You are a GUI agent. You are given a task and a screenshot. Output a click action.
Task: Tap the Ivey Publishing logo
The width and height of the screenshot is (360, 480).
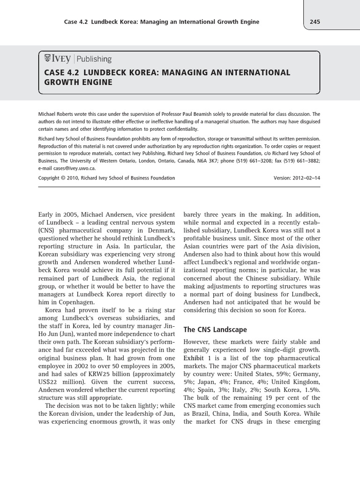pyautogui.click(x=78, y=59)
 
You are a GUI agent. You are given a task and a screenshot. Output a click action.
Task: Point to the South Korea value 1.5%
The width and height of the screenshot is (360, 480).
pyautogui.click(x=311, y=390)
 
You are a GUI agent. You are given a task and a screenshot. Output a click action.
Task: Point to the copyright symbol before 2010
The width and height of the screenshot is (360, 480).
pyautogui.click(x=64, y=178)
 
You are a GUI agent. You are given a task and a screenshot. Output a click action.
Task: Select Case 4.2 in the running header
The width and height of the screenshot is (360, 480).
pyautogui.click(x=76, y=22)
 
